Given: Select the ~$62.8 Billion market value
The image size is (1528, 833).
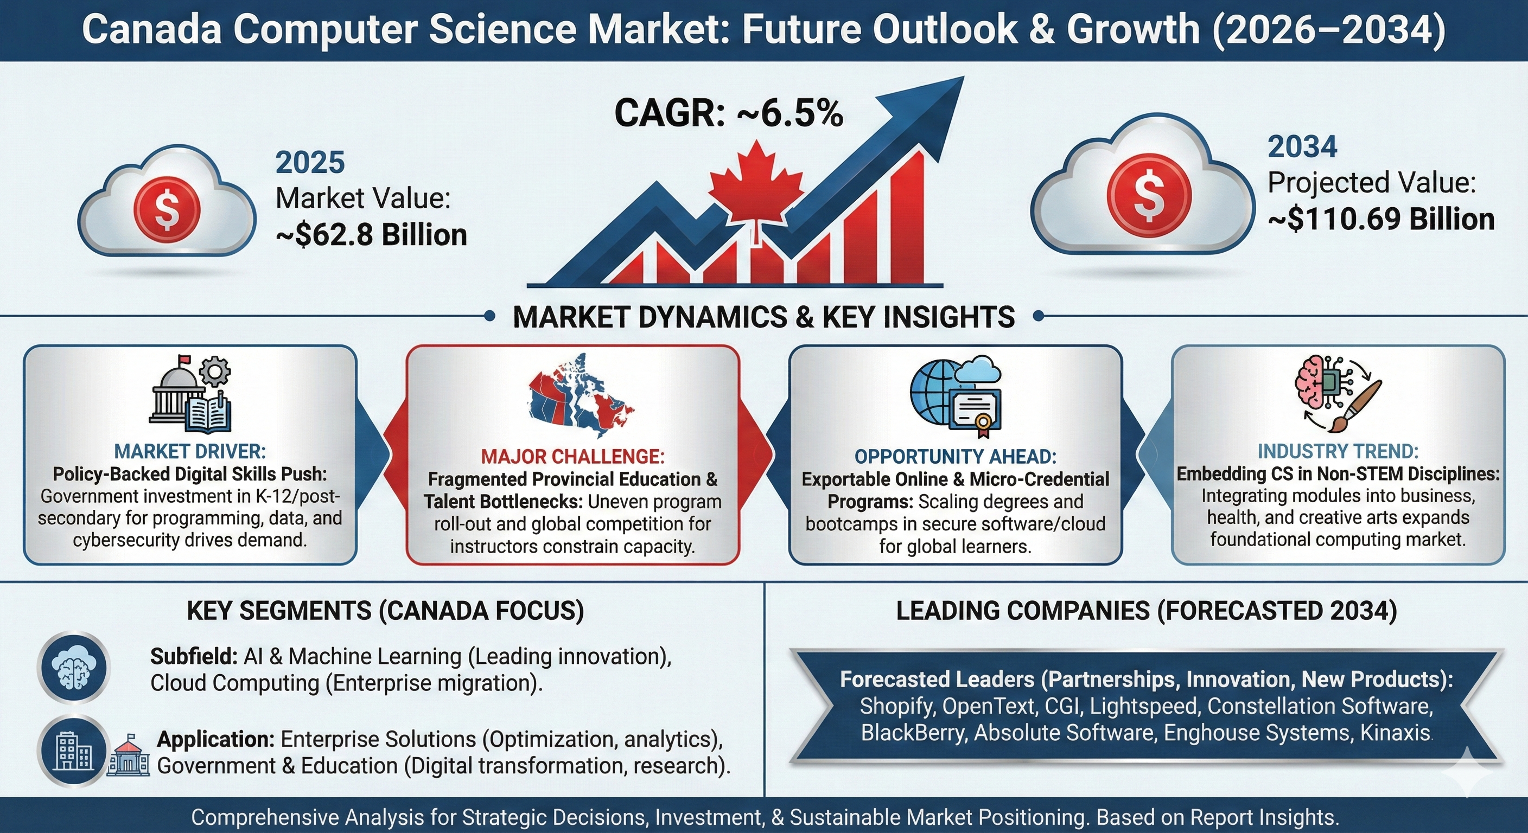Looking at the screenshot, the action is tap(372, 235).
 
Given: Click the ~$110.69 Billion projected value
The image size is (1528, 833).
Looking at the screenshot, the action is tap(1381, 219).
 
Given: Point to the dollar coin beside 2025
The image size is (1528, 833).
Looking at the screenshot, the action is tap(167, 207).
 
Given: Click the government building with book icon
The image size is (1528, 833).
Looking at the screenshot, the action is tap(190, 393).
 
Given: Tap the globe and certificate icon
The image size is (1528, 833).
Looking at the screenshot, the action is tap(956, 396).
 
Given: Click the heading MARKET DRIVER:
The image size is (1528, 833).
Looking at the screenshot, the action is tap(190, 452).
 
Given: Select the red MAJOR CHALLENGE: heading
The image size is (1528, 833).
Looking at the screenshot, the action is tap(573, 457).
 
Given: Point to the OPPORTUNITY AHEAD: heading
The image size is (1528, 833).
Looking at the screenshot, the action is tap(956, 457).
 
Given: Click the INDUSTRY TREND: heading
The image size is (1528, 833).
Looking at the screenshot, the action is tap(1338, 452).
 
